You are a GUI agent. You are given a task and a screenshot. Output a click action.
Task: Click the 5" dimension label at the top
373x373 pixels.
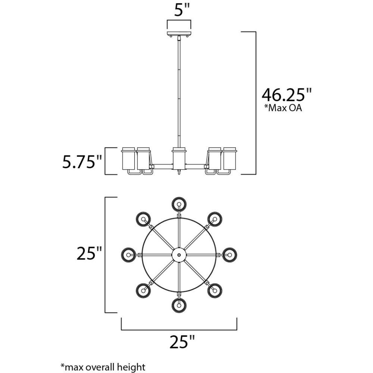(182, 10)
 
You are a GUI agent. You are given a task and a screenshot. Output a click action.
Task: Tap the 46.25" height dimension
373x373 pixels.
(286, 94)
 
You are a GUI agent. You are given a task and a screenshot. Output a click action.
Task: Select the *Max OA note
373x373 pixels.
(283, 108)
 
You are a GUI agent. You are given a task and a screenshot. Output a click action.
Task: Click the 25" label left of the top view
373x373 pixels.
(89, 253)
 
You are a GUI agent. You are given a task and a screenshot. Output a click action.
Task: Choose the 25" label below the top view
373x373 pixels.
(182, 342)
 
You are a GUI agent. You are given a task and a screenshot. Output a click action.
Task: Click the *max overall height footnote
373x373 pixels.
(103, 367)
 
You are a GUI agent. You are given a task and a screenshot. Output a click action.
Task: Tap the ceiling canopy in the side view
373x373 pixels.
(179, 34)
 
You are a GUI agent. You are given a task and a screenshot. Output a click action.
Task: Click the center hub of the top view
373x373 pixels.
(179, 255)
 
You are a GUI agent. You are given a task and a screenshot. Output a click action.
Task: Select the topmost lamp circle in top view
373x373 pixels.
(179, 204)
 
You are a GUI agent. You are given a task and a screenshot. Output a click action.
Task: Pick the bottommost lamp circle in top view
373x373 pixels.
(179, 305)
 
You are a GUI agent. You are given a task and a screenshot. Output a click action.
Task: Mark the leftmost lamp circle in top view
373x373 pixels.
(129, 255)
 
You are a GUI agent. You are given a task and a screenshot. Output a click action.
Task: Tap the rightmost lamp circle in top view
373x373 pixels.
(229, 255)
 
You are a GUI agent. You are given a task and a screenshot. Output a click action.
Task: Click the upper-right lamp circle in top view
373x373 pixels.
(215, 219)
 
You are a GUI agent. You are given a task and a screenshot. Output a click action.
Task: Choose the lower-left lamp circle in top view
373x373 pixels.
(144, 291)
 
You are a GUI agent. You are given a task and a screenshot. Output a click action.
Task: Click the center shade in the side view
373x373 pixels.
(179, 159)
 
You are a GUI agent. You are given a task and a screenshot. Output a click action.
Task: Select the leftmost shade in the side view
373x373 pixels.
(128, 159)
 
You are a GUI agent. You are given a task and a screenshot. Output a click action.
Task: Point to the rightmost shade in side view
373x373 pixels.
(230, 159)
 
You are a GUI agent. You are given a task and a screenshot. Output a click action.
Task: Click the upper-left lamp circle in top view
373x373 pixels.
(144, 219)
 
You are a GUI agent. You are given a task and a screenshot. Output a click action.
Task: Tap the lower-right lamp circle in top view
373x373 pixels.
(215, 291)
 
